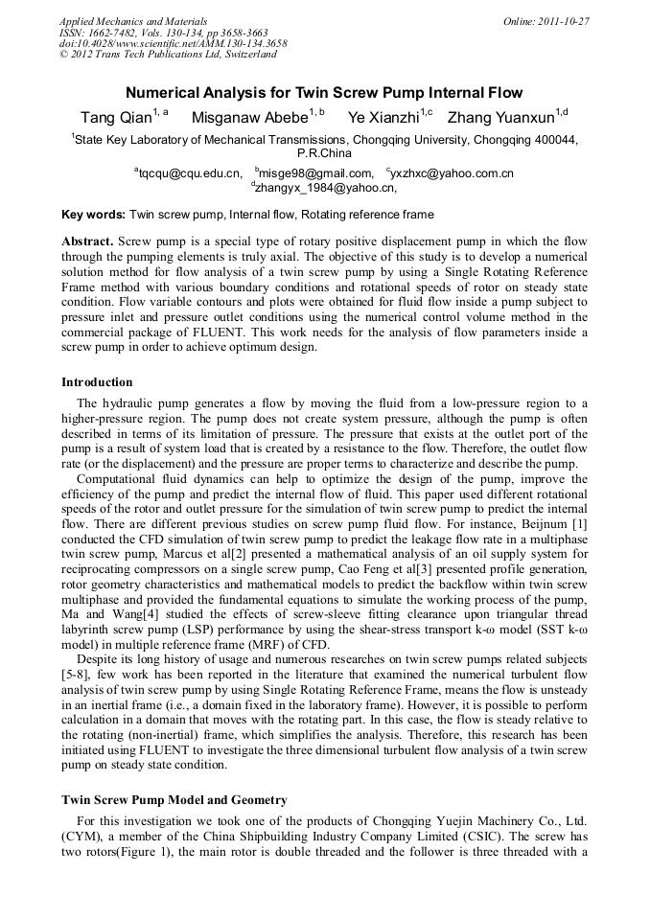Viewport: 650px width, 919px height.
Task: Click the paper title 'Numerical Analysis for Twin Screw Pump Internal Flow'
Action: coord(324,93)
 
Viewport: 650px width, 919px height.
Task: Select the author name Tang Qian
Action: coord(115,118)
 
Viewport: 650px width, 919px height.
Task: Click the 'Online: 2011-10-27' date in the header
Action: coord(546,21)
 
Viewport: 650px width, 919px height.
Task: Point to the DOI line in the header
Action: coord(173,44)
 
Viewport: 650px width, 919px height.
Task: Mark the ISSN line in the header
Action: coord(163,33)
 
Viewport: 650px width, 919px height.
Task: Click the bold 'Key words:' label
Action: coord(93,215)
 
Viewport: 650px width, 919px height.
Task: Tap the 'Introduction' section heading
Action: coord(97,381)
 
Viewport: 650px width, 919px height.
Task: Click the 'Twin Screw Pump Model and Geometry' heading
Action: coord(174,799)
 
